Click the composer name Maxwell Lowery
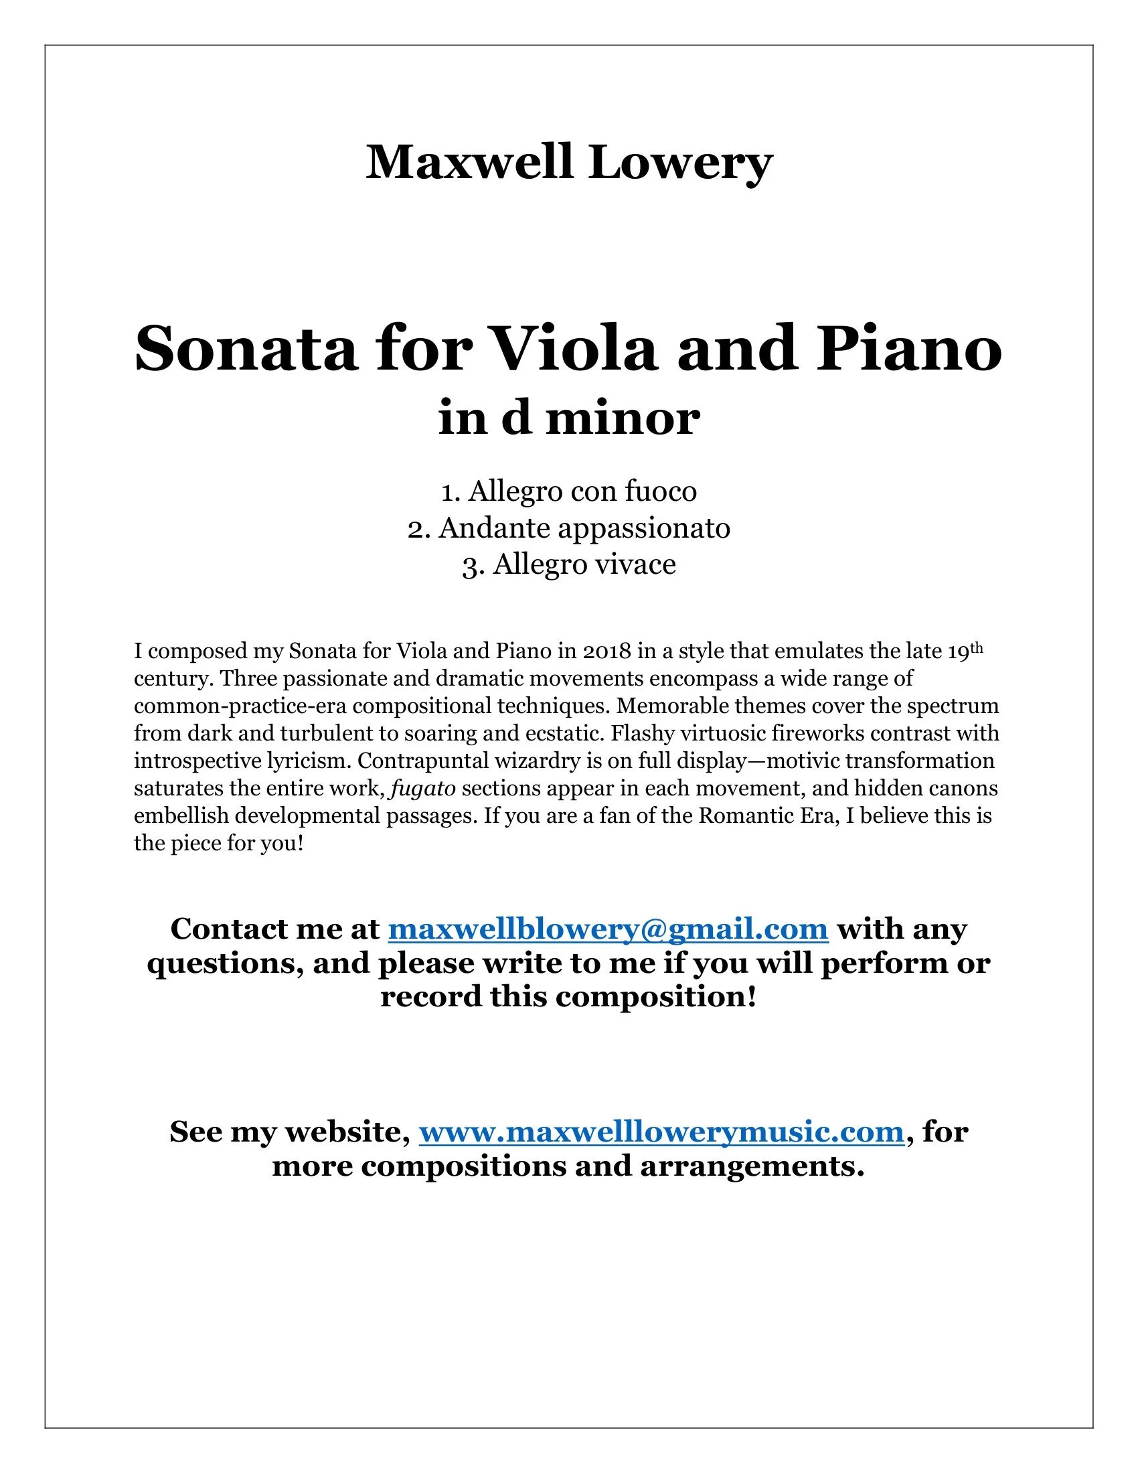[568, 163]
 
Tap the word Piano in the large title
[909, 349]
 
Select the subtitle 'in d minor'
[568, 418]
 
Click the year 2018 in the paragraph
[606, 651]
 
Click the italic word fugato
[423, 789]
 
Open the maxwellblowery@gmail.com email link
[607, 929]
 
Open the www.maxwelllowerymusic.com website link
[661, 1131]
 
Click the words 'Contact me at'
[275, 929]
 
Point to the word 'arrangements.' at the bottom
[752, 1166]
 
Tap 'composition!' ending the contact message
[656, 997]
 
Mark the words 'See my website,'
[290, 1131]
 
